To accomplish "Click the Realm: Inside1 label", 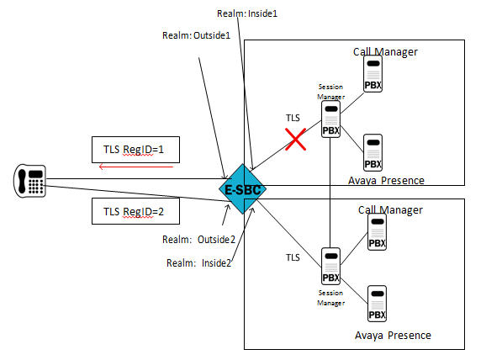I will point(246,14).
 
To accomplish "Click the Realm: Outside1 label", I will point(194,35).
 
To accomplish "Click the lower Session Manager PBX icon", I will point(331,265).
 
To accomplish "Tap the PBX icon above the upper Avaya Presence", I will point(372,153).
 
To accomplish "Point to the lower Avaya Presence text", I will point(392,336).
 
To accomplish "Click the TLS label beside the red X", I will point(293,119).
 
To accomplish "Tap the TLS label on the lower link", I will point(293,257).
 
